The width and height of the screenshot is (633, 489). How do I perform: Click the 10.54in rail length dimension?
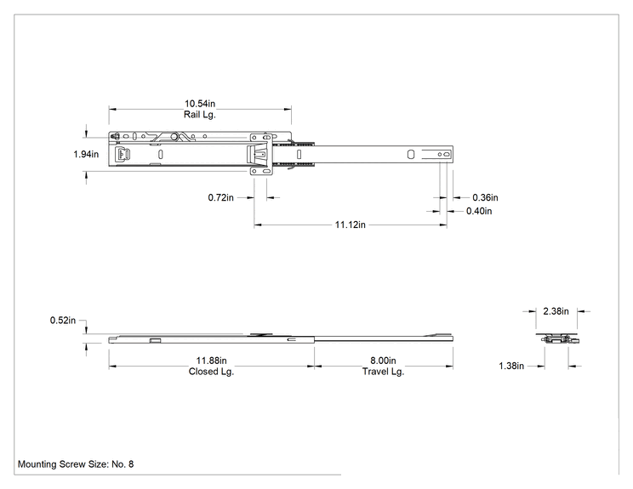pos(200,104)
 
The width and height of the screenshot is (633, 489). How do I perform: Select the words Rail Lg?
pos(200,115)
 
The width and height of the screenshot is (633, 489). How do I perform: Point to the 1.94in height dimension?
pos(86,154)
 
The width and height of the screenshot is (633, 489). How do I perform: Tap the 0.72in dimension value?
pos(221,197)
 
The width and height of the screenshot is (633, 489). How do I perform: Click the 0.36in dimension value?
pos(485,197)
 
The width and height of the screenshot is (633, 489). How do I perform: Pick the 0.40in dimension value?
pos(479,211)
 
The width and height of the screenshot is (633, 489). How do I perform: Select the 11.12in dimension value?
pos(350,225)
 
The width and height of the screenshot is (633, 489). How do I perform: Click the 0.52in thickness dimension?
pos(63,321)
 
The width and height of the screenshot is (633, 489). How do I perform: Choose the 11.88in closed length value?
pos(212,361)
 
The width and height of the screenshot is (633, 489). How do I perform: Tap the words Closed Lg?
pos(212,372)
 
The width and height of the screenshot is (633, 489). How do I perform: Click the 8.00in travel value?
pos(383,361)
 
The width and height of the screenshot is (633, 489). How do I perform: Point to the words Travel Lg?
pos(383,372)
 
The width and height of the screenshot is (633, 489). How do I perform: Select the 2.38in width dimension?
pos(556,311)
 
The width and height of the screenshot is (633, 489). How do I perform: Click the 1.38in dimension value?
pos(511,366)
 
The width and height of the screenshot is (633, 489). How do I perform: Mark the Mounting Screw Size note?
pos(76,464)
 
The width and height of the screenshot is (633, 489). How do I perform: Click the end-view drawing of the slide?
pos(557,339)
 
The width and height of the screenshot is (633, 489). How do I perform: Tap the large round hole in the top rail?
pos(174,137)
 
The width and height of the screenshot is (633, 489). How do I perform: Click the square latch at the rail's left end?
pos(123,154)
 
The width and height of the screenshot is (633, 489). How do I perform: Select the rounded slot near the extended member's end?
pos(411,155)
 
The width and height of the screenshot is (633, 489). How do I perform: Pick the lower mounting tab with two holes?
pos(261,171)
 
